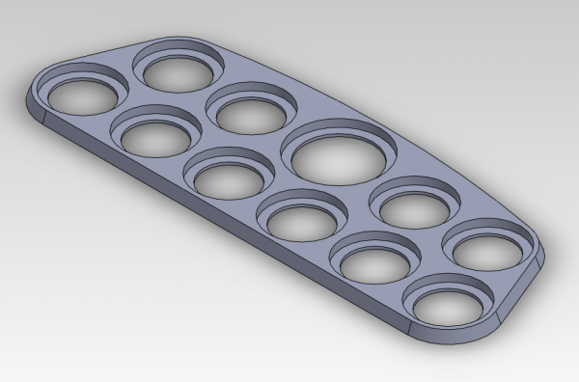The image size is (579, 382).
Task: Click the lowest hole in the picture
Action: [447, 306]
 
